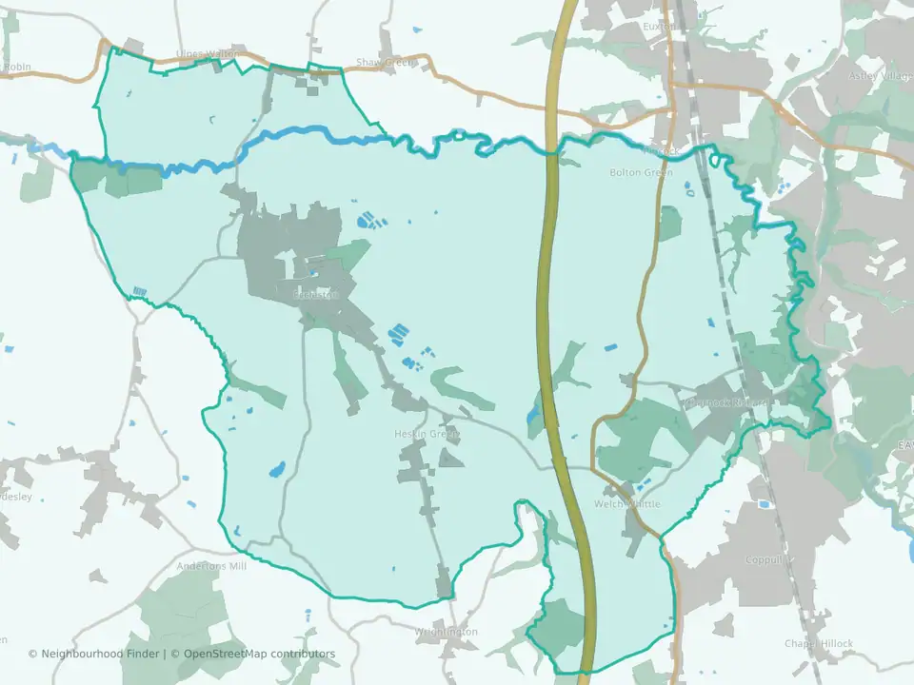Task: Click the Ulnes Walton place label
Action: click(x=207, y=54)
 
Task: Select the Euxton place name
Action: click(x=659, y=27)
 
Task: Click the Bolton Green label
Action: click(x=640, y=172)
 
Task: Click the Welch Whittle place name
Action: click(x=626, y=503)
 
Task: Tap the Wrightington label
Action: click(x=446, y=632)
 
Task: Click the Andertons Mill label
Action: click(x=211, y=565)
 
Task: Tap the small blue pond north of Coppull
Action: click(x=762, y=503)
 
